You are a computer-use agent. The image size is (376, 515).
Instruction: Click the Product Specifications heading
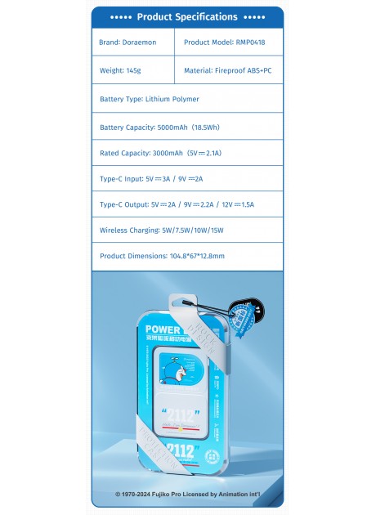[187, 16]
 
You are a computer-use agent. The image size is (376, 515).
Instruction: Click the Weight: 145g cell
[120, 70]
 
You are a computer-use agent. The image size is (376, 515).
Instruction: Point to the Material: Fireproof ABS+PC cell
[228, 70]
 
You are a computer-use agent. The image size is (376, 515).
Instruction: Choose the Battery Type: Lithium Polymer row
[150, 99]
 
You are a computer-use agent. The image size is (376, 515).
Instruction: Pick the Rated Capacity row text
[154, 154]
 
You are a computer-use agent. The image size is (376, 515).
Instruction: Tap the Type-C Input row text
[151, 179]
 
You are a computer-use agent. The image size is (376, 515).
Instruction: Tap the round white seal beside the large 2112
[210, 449]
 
